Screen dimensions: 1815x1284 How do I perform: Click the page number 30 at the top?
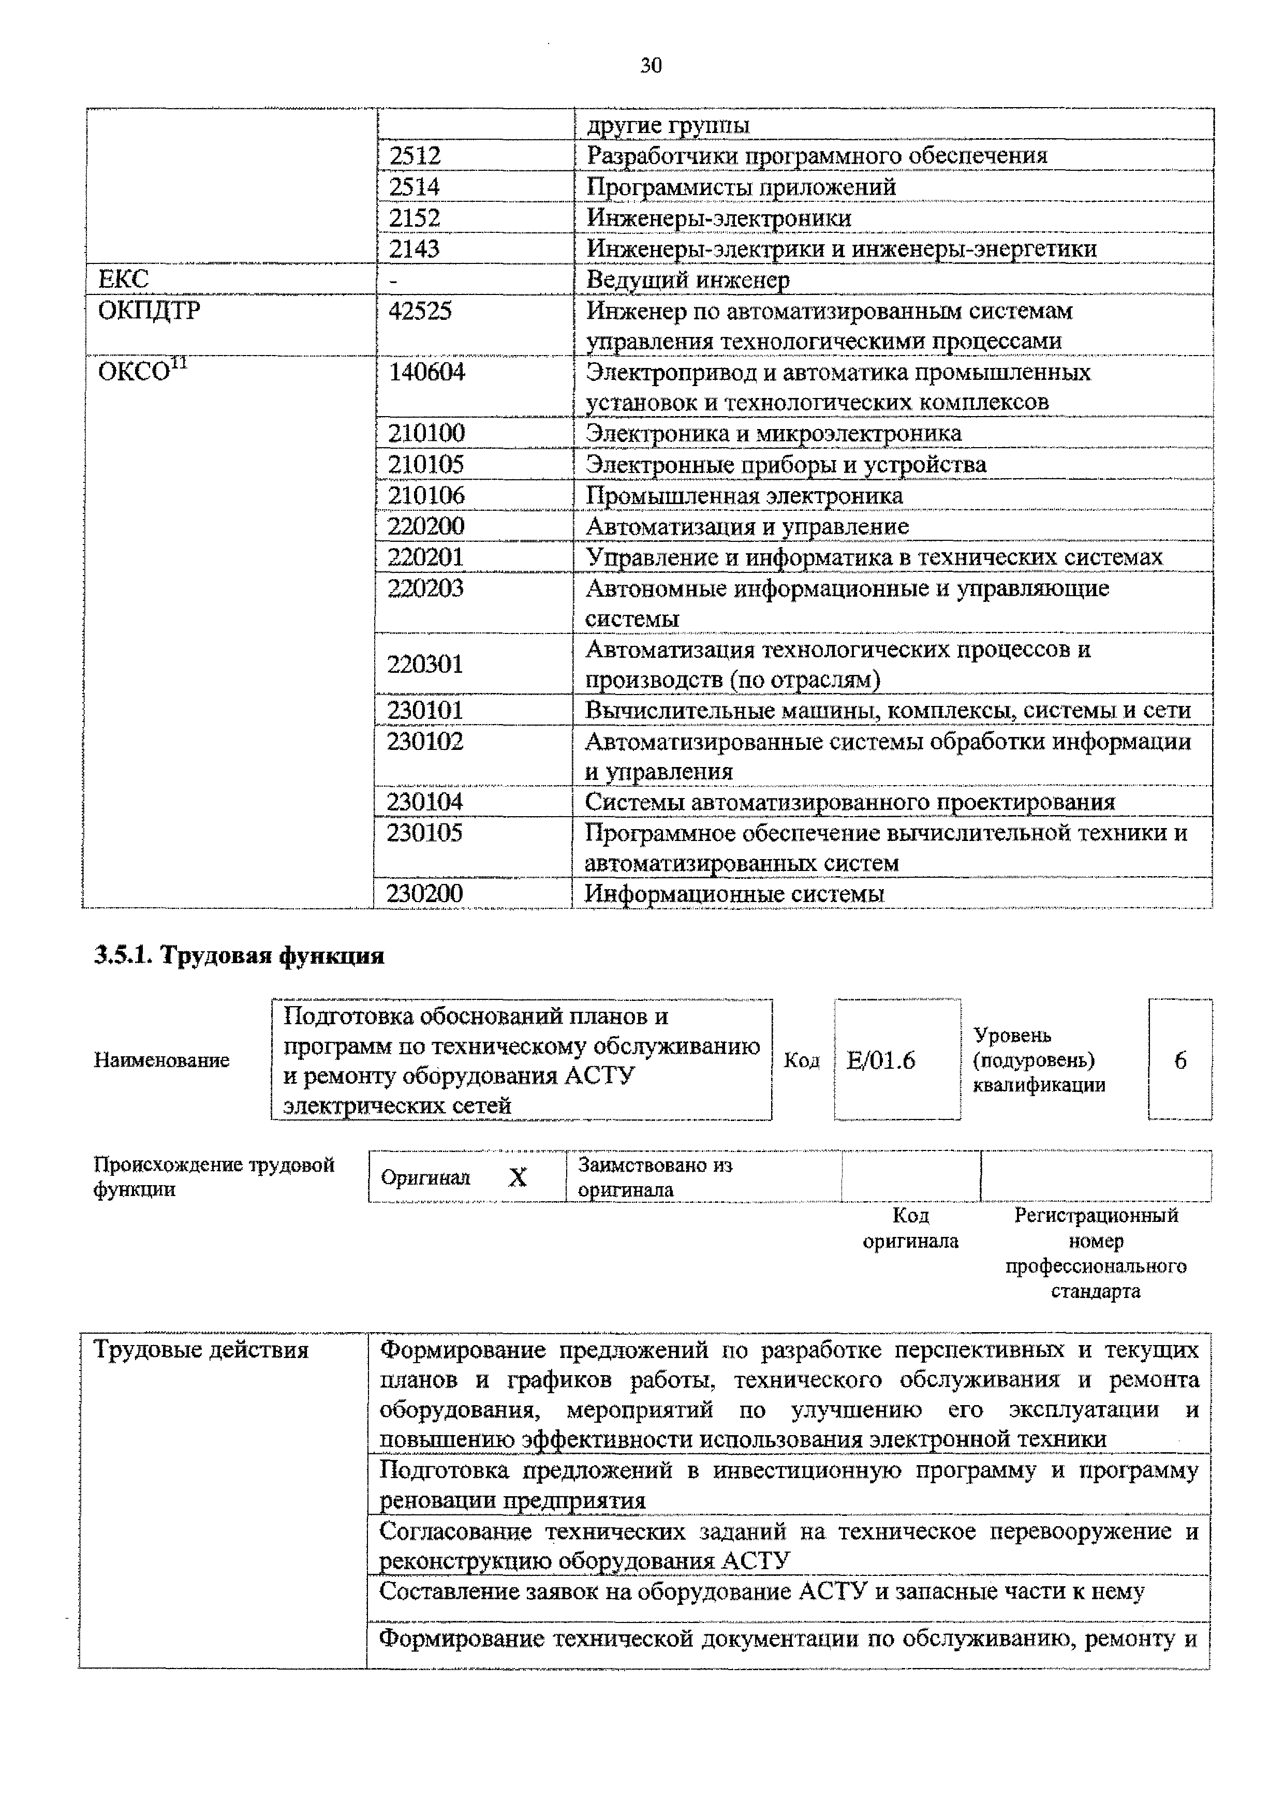650,66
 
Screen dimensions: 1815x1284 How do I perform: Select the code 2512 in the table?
415,156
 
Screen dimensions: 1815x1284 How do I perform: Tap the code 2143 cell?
415,249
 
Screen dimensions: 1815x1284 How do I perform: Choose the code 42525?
420,311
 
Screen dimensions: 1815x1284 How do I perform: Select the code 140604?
427,372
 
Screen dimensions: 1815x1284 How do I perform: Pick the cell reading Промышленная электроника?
744,496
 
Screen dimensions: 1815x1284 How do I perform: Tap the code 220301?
424,664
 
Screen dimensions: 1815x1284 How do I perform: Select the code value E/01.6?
881,1060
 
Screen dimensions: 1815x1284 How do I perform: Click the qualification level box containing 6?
1179,1060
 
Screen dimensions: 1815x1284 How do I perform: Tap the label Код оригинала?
910,1228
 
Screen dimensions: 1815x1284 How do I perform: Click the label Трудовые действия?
201,1349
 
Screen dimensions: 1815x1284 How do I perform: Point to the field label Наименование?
161,1060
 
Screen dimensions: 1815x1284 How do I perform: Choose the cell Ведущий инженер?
687,280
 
